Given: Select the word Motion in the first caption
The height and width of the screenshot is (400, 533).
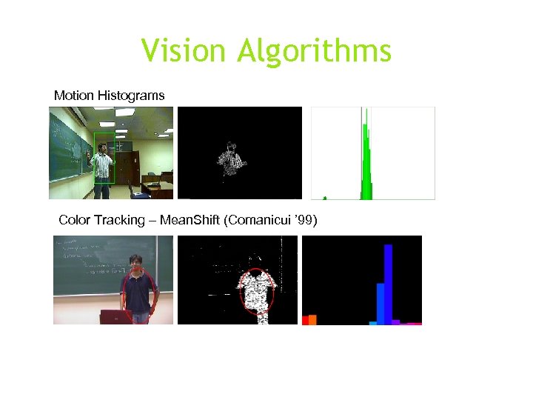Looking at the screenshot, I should click(x=73, y=96).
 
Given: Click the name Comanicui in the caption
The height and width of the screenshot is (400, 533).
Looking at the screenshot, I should click(x=261, y=220).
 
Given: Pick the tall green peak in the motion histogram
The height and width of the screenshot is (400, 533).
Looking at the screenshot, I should click(x=366, y=159).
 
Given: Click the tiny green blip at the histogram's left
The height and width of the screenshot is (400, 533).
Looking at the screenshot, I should click(x=324, y=197).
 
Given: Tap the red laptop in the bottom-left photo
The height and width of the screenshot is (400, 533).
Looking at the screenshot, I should click(x=111, y=318).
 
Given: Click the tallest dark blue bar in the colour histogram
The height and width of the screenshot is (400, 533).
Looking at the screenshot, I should click(x=388, y=285).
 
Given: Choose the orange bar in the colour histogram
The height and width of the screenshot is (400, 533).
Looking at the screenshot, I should click(x=312, y=320).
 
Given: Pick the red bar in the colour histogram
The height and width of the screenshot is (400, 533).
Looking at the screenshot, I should click(x=305, y=321).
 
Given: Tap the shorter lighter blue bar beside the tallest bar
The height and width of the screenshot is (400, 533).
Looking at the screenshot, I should click(x=380, y=304).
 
